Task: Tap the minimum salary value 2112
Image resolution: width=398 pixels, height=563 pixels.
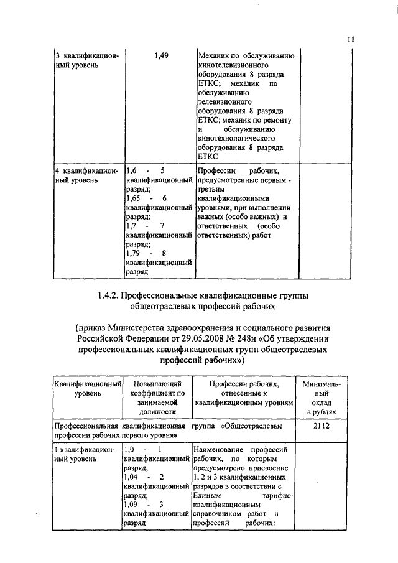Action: (x=321, y=426)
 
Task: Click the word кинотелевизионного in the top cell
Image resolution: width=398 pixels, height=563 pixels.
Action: (x=233, y=65)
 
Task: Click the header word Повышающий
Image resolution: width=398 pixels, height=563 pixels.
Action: (x=157, y=384)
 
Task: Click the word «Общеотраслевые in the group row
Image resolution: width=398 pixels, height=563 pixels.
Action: (x=252, y=426)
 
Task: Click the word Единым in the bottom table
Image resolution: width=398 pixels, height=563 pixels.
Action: (x=206, y=495)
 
